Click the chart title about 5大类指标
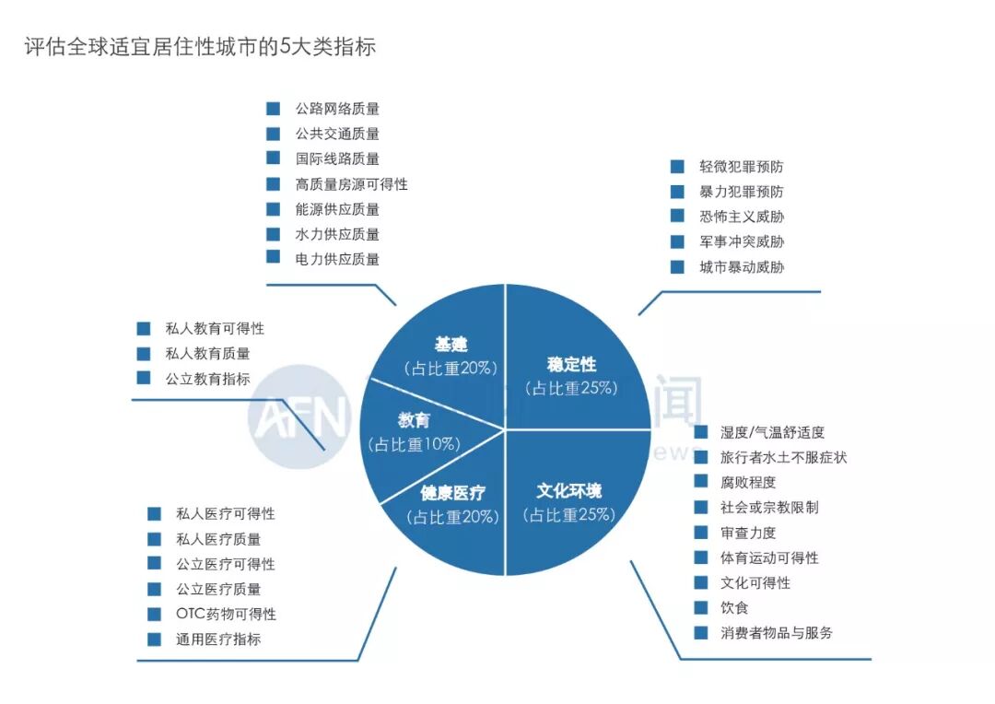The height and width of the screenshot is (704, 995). (200, 47)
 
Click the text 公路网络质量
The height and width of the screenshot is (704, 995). (337, 109)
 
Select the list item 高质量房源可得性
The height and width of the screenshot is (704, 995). (351, 184)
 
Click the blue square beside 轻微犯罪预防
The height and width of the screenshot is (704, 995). (677, 167)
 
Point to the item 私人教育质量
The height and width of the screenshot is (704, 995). (207, 353)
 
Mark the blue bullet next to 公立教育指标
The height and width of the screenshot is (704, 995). (143, 378)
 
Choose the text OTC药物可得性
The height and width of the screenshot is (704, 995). (226, 614)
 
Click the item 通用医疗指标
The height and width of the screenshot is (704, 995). (218, 639)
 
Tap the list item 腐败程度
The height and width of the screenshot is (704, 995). (748, 482)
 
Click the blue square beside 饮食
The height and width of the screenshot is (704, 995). (701, 607)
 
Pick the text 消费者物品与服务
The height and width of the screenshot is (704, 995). (777, 633)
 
